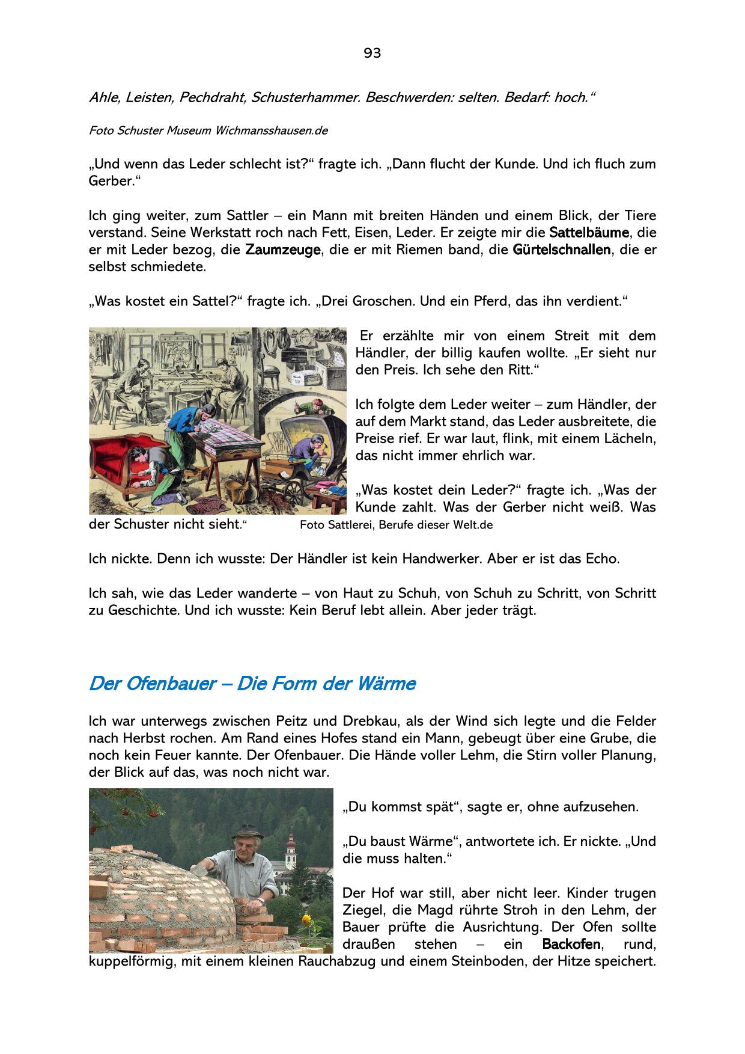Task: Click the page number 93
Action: click(372, 54)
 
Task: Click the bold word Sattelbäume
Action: click(589, 232)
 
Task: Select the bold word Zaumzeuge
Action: click(282, 250)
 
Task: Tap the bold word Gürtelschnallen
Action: click(561, 250)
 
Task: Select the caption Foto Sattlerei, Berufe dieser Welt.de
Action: click(396, 525)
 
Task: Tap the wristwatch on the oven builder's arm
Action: click(261, 901)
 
